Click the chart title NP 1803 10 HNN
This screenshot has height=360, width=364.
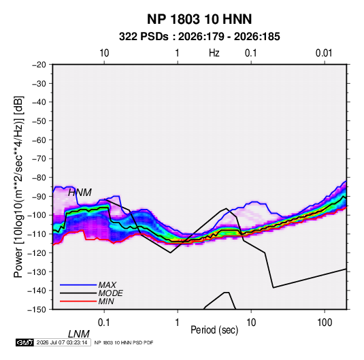click(x=199, y=19)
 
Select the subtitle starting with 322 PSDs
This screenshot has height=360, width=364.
click(x=199, y=37)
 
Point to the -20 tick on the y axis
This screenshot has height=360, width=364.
click(x=39, y=65)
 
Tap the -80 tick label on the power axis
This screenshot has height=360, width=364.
click(x=39, y=178)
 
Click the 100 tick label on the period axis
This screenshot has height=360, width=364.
click(x=325, y=322)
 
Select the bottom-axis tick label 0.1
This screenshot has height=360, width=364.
click(x=104, y=322)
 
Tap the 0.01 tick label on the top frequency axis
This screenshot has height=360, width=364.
click(x=324, y=53)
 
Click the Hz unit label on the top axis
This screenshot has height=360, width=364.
click(x=214, y=53)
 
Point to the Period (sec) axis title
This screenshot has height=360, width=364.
click(x=214, y=330)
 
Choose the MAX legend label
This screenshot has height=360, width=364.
click(x=107, y=285)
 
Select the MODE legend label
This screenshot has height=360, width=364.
click(x=110, y=293)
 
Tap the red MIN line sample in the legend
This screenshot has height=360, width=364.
click(x=78, y=301)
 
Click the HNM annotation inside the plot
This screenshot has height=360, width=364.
click(x=80, y=193)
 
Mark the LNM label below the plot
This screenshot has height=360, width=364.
click(x=79, y=334)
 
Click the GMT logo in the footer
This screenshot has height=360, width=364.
click(x=25, y=342)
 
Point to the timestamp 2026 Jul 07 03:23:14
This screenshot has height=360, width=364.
click(x=62, y=342)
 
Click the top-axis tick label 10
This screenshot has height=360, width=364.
click(x=104, y=53)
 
